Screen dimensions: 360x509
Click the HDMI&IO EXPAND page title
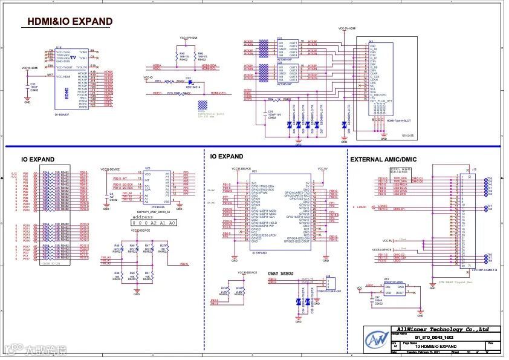coord(70,22)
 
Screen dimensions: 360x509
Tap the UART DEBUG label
coord(282,274)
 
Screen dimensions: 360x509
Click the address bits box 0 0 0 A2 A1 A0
coord(154,223)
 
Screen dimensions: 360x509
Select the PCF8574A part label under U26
coord(150,206)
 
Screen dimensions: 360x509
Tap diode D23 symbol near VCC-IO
coord(189,81)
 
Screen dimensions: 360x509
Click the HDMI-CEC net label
coord(218,93)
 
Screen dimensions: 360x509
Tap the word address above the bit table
coord(143,216)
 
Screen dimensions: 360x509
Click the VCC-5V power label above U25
coord(322,169)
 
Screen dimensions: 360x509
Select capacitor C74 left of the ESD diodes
coord(270,112)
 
